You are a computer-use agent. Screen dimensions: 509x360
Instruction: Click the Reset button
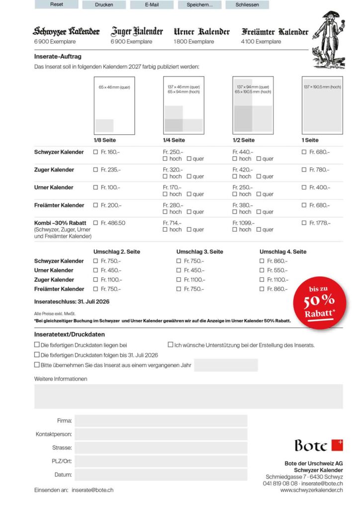pos(57,4)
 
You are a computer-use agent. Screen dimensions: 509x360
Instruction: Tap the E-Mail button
pos(152,4)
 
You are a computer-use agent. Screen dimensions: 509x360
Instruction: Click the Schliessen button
pos(247,4)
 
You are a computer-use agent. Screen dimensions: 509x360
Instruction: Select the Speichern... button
pos(199,4)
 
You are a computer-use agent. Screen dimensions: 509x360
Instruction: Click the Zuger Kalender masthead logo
pos(137,32)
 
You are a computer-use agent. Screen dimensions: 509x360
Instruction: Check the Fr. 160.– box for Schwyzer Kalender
pos(96,152)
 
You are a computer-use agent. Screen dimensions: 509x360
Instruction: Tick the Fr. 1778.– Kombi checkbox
pos(304,223)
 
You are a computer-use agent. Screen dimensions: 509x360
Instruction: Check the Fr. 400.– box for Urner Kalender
pos(304,187)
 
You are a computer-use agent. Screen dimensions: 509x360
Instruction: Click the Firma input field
pos(161,421)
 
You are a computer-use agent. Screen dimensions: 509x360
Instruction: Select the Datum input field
pos(161,475)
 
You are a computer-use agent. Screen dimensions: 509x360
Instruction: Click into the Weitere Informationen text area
pos(188,396)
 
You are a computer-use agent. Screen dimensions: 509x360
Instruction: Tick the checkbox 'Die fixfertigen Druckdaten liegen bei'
pos(37,344)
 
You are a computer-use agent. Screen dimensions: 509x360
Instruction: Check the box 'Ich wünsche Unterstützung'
pos(171,344)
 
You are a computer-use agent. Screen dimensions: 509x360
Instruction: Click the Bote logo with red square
pos(318,445)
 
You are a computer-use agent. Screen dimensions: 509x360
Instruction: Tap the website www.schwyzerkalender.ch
pos(311,490)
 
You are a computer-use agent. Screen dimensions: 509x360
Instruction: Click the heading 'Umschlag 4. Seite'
pos(283,252)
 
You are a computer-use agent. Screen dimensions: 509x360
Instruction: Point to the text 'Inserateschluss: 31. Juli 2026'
pos(72,302)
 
